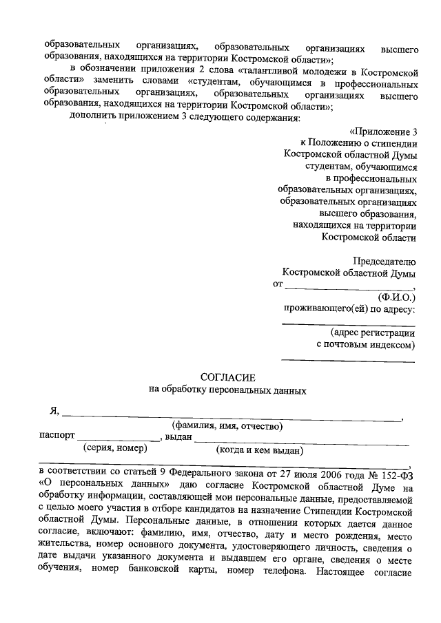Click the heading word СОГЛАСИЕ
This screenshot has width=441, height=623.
click(x=227, y=377)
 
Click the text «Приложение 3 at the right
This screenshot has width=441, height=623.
click(x=383, y=131)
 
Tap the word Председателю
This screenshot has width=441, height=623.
click(x=384, y=262)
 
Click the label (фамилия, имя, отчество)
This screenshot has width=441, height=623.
click(x=228, y=425)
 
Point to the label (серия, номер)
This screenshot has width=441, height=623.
click(x=115, y=448)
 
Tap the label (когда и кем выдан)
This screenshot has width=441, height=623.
click(x=260, y=450)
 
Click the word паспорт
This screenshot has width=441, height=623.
click(x=57, y=436)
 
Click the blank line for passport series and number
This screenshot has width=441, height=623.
click(x=118, y=441)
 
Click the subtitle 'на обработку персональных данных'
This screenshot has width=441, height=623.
click(x=228, y=390)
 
